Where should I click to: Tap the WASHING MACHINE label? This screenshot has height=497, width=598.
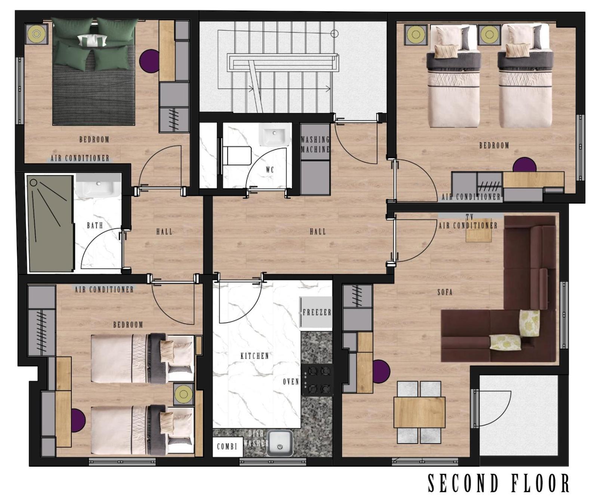click(315, 144)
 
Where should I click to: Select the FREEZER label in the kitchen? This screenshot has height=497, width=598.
click(317, 312)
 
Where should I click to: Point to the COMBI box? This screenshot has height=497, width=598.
click(227, 446)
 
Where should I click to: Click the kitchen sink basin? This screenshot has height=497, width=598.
click(280, 443)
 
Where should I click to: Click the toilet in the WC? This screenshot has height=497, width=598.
click(237, 155)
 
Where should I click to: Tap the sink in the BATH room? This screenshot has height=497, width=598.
click(98, 185)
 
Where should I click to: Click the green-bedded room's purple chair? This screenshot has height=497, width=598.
click(149, 61)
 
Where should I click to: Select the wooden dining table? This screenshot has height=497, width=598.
click(419, 412)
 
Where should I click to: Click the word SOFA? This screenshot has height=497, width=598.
click(445, 292)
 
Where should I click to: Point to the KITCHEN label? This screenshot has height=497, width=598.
click(255, 356)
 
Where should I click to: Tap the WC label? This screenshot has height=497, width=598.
click(270, 170)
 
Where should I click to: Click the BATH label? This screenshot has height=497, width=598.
click(95, 225)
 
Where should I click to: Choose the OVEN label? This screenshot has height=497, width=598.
click(291, 382)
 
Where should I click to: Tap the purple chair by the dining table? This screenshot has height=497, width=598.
click(381, 372)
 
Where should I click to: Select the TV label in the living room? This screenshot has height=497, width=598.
click(470, 217)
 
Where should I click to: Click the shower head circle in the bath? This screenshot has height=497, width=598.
click(34, 183)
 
